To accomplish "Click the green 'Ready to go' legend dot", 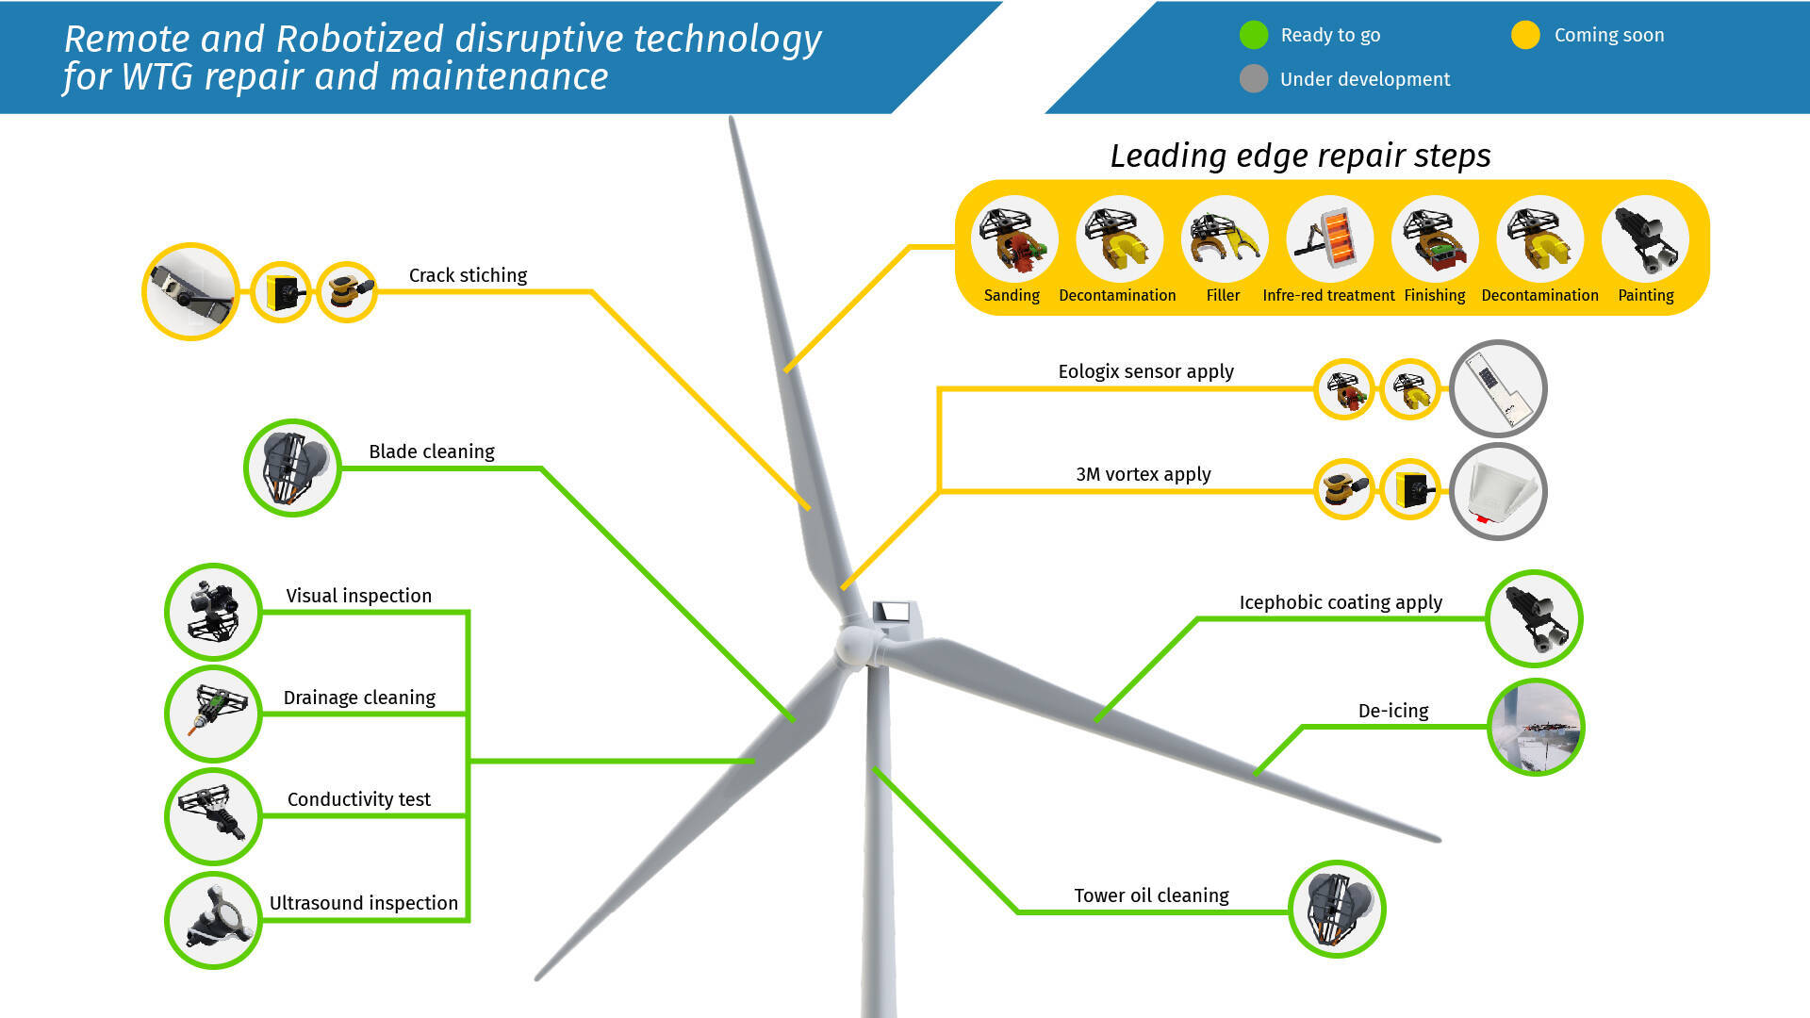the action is [1254, 35].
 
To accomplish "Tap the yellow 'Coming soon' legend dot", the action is [1525, 35].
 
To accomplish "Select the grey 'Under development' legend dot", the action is [1254, 78].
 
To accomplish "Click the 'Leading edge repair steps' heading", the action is [1300, 156].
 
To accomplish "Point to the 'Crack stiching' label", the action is [468, 275].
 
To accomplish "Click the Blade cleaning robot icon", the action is [292, 468].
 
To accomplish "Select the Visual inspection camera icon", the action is [213, 612].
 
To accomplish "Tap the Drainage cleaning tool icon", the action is [213, 714].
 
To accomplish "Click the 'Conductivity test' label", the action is [358, 799].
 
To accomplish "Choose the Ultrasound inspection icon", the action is [213, 920].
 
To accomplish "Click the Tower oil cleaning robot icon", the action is [1337, 909].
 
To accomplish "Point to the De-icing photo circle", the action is [1536, 727].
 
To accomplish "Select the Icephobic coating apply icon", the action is [1534, 618].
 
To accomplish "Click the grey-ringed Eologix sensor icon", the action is [1498, 388].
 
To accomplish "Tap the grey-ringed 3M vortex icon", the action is [1498, 491].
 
